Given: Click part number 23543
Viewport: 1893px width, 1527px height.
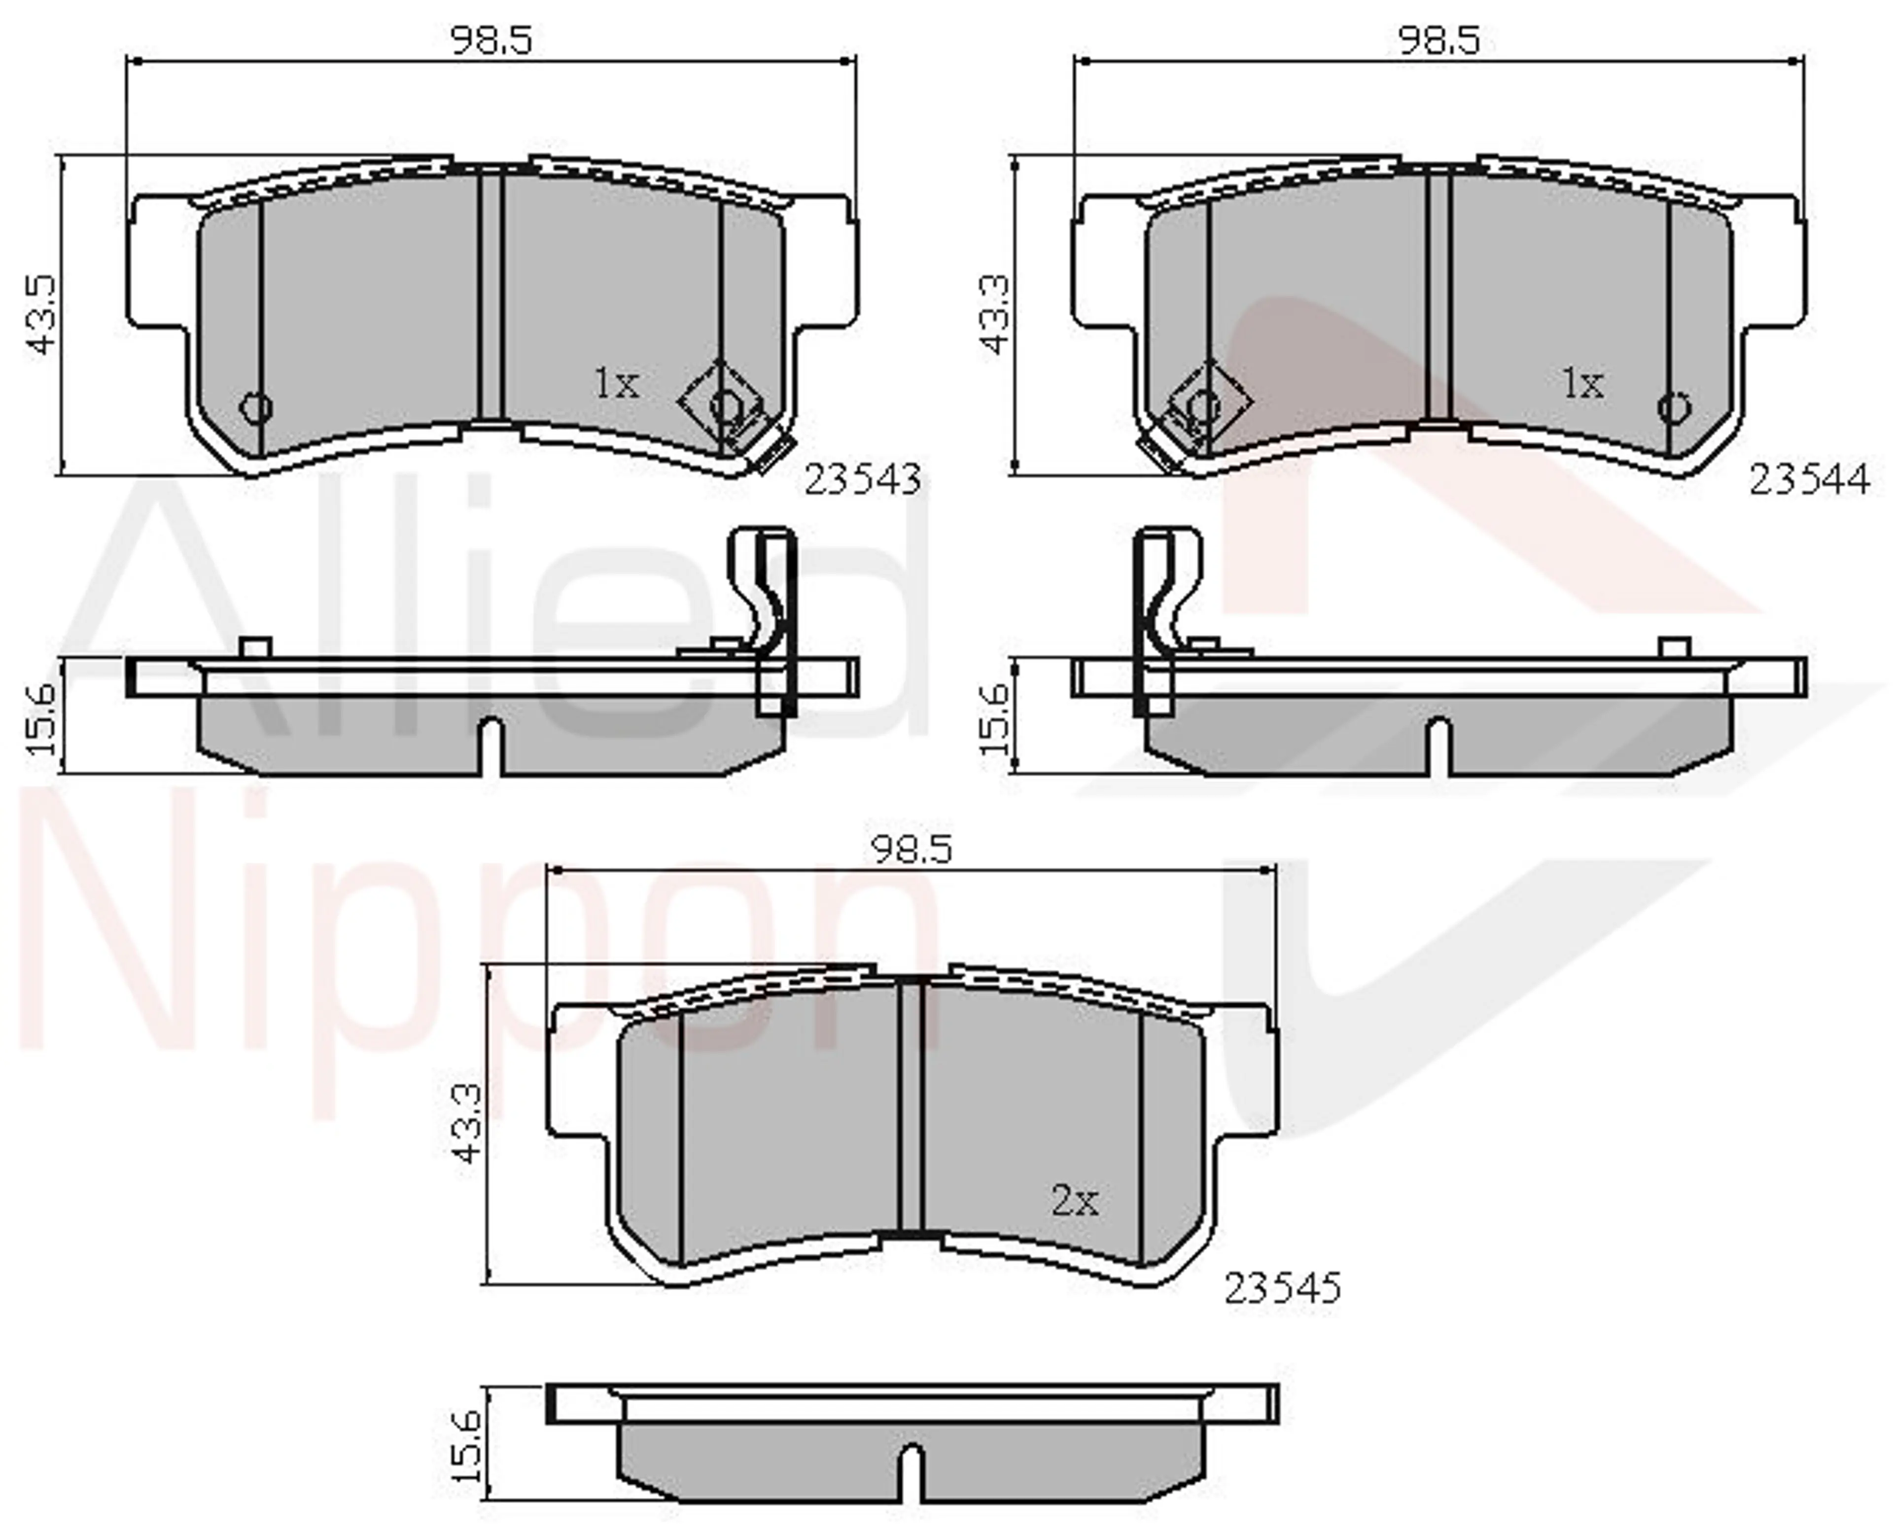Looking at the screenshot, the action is click(863, 479).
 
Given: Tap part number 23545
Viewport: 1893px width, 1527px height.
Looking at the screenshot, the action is click(1283, 1289).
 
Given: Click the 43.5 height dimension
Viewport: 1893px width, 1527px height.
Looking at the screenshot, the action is click(42, 315).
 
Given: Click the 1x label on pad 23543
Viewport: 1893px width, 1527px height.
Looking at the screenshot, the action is click(616, 384).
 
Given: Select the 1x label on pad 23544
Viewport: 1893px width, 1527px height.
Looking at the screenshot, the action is click(1582, 384).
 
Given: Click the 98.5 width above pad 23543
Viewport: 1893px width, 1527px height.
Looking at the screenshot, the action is click(491, 40).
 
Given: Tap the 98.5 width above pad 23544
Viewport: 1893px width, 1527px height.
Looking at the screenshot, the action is click(1439, 40).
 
